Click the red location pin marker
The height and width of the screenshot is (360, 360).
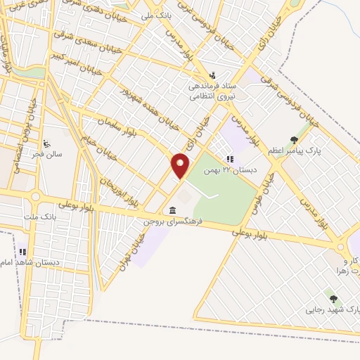(181, 166)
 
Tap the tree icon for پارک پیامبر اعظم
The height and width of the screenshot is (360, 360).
(294, 139)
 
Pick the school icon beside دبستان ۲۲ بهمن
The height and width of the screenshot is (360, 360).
(229, 158)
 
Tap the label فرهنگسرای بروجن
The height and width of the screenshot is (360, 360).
(174, 221)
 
